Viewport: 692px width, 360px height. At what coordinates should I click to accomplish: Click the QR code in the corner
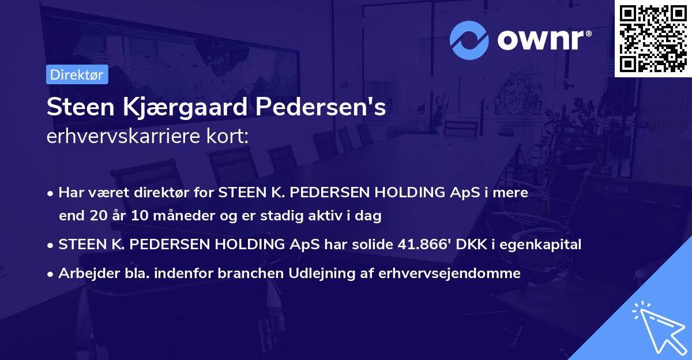tap(653, 39)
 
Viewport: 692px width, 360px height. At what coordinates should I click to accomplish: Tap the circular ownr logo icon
tap(469, 40)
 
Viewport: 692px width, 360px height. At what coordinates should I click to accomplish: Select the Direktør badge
tap(77, 75)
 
